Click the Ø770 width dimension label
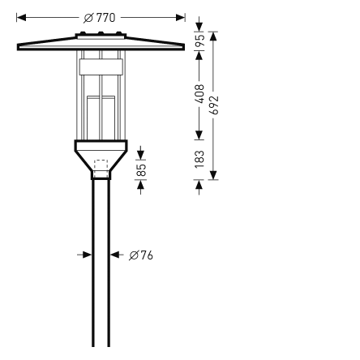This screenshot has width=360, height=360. click(x=101, y=16)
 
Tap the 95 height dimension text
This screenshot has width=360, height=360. click(x=200, y=41)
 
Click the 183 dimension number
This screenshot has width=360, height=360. click(x=200, y=157)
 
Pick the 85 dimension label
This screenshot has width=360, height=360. click(x=141, y=169)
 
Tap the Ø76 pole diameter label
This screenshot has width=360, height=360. click(x=140, y=255)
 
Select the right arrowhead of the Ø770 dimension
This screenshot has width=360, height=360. click(x=181, y=16)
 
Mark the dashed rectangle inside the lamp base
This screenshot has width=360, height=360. click(x=101, y=166)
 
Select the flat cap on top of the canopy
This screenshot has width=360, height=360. click(x=101, y=35)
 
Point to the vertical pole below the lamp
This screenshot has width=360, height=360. click(x=101, y=268)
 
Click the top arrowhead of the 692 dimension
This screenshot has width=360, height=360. click(x=214, y=35)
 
